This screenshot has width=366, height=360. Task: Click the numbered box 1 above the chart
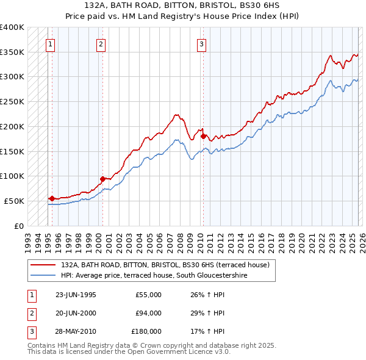coord(50,43)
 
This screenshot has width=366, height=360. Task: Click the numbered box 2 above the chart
coord(101,43)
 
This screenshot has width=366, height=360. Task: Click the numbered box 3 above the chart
coord(201,43)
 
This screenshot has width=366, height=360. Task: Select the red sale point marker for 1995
coord(52,198)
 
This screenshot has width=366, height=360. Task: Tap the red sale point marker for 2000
coord(102,179)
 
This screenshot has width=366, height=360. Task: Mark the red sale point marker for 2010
coord(203,136)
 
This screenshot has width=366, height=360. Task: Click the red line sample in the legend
coord(44,265)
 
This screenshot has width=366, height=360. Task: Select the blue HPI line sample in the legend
coord(44,275)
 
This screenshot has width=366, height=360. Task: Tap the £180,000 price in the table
coord(146,331)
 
